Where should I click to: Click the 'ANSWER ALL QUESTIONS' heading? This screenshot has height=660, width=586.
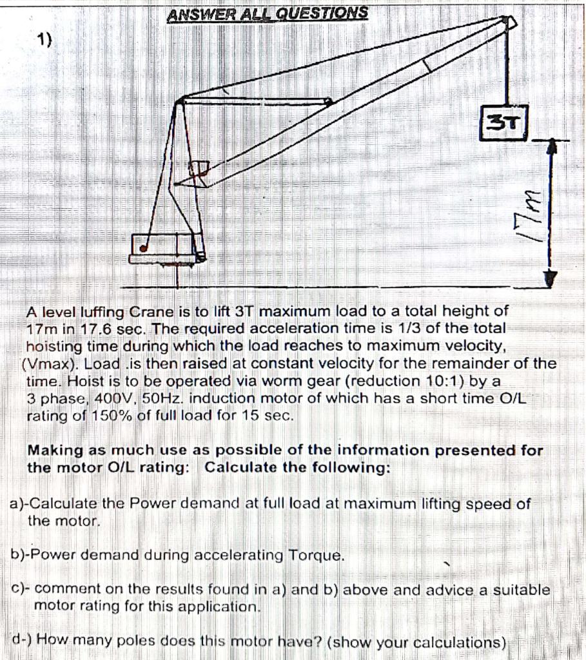268,13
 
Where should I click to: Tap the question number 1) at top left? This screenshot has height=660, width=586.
44,41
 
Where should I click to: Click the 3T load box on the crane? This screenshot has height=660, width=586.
504,122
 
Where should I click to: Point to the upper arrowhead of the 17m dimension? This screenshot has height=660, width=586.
551,148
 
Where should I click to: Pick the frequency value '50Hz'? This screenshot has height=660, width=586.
162,398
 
